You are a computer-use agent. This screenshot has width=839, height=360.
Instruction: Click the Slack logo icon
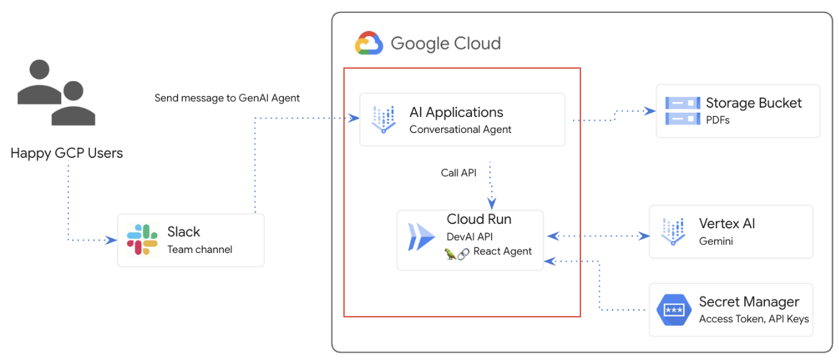point(142,240)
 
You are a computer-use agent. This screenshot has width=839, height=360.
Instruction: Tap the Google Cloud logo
point(369,44)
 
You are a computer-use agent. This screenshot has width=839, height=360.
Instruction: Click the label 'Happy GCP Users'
point(67,153)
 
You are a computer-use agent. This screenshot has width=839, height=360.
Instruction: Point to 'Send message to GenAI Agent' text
point(227,98)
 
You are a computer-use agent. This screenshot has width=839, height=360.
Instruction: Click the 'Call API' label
point(458,173)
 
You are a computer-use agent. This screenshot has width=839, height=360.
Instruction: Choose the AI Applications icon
point(384,119)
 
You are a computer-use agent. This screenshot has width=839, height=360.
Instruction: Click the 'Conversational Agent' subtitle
point(460,129)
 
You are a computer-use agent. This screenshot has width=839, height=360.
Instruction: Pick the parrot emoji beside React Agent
point(450,252)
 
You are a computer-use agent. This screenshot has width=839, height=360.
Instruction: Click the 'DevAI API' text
point(470,236)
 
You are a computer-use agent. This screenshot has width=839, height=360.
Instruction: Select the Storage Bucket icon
point(682,111)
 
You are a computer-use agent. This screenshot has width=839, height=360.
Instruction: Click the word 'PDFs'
point(718,120)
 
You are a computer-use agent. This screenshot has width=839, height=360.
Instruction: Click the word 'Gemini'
point(716,241)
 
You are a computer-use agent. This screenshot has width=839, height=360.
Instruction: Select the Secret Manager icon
point(673,309)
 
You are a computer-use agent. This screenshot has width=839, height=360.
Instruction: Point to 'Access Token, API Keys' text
point(754,319)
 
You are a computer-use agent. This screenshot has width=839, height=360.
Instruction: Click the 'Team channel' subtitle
point(200,250)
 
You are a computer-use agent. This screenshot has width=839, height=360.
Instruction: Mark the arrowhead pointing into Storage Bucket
point(650,111)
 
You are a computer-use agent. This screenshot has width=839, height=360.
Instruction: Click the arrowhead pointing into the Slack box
point(113,240)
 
